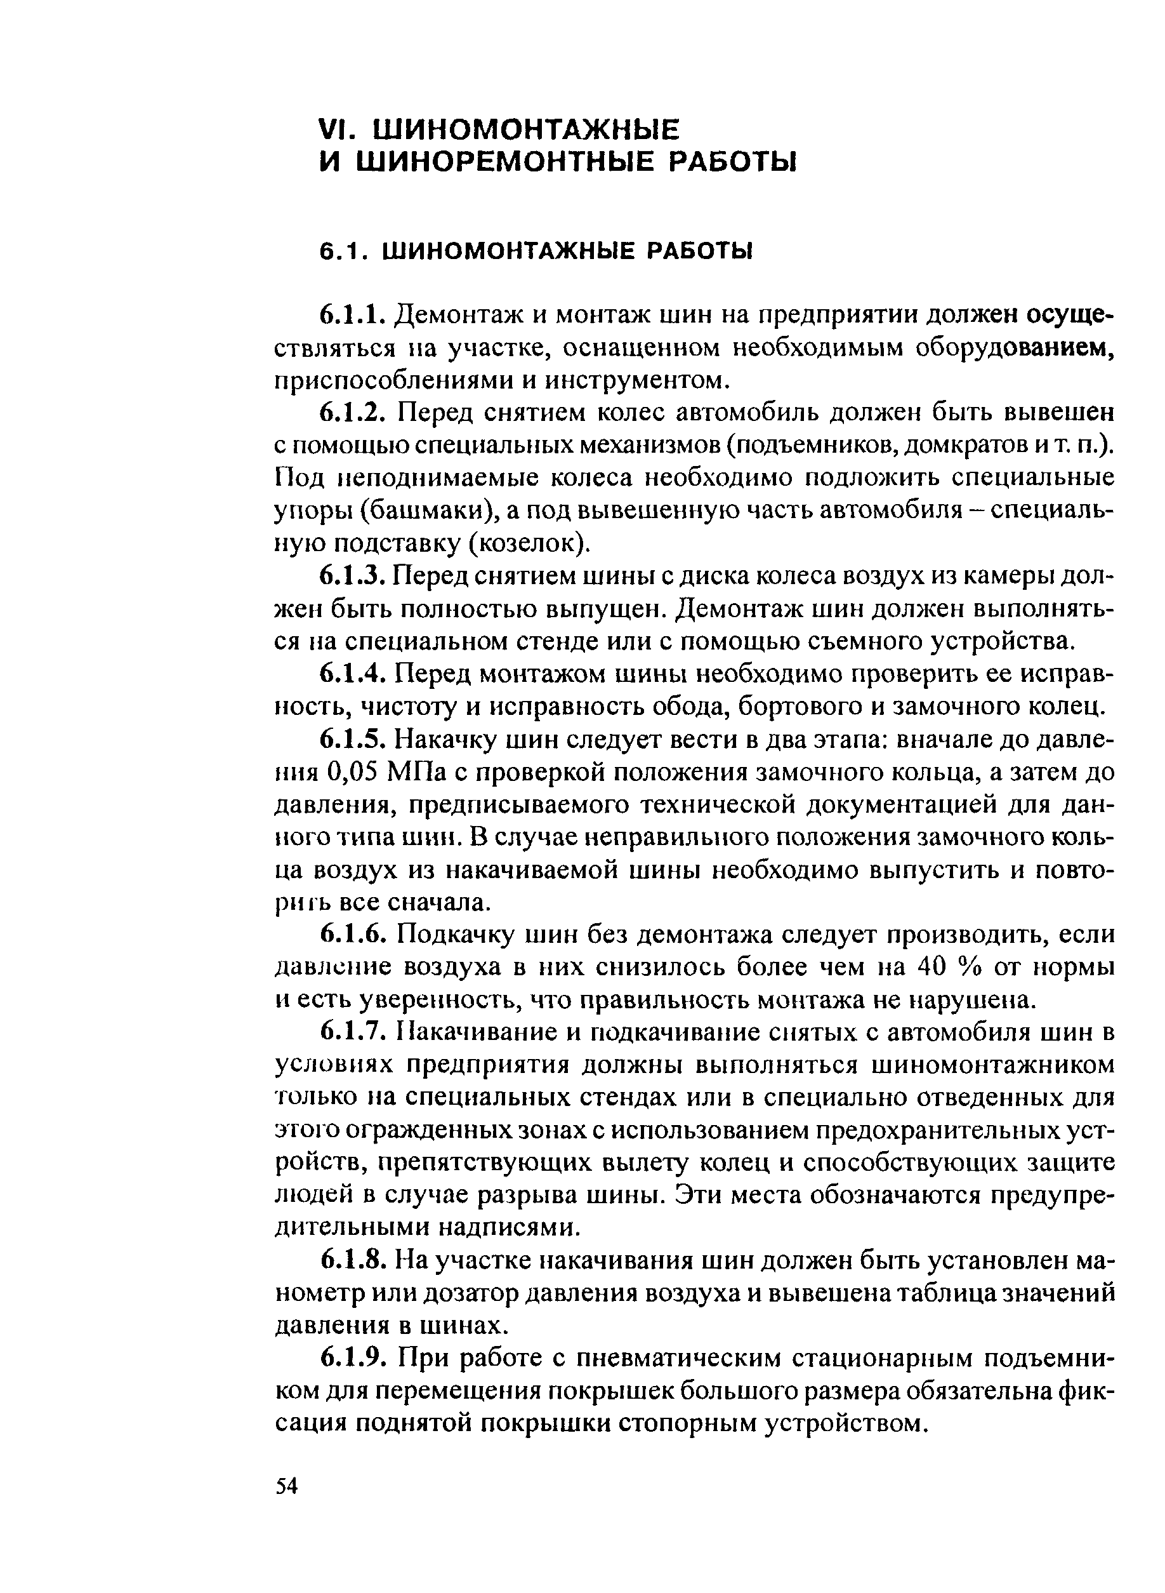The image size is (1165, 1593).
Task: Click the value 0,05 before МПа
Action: [x=355, y=773]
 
